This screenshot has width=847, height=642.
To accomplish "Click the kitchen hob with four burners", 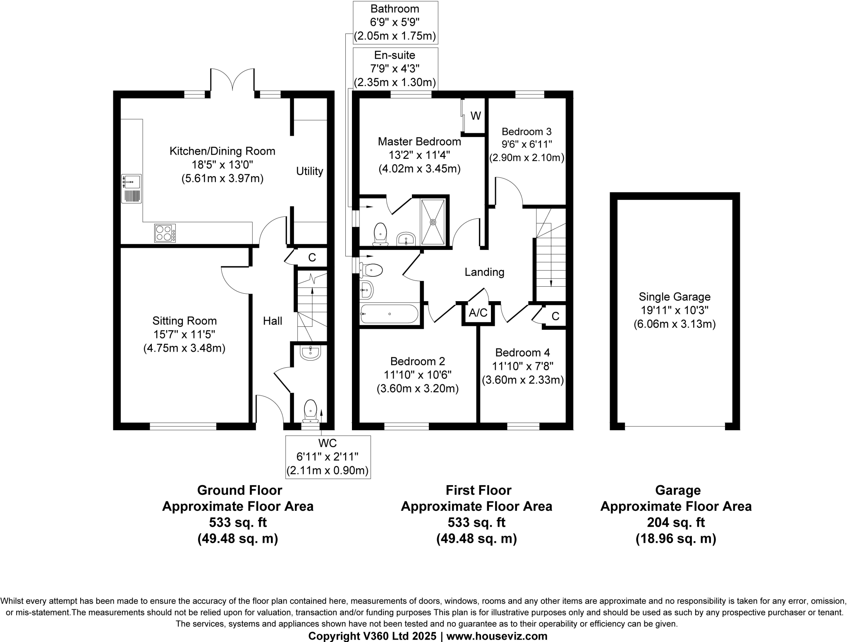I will pos(165,233).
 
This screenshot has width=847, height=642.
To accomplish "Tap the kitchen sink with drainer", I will pos(131,189).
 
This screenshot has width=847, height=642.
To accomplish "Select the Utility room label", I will pos(309,171).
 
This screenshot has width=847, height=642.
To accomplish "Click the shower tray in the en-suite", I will pos(433,222).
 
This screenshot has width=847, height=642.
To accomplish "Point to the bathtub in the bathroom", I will pos(389,314).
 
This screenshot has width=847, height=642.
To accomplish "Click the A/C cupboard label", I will pos(478,313).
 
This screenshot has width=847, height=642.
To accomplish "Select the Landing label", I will pos(484,272).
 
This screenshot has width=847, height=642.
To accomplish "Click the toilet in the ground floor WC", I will pos(310,410).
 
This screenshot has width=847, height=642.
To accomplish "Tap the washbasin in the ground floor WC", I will pos(310,353).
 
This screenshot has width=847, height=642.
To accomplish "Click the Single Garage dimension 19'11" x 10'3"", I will pos(675,310).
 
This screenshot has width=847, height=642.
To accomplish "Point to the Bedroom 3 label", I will pos(526,132).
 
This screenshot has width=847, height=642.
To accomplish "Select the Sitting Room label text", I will pos(184,321).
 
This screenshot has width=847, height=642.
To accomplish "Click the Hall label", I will pos(273,321).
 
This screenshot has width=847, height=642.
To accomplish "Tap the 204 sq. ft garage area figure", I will pos(675,522).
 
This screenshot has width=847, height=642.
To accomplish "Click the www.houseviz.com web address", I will pos(497,636).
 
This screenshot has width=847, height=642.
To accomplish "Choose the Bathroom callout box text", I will pos(395,22).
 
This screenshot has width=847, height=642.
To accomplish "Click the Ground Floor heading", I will pos(239,490).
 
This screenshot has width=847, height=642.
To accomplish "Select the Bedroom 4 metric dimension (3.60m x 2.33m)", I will pos(523,380).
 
